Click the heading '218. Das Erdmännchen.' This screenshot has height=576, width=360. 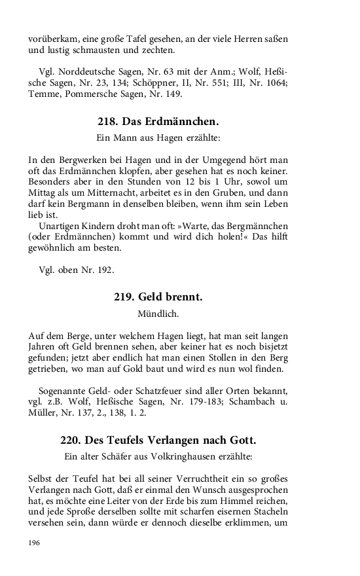click(x=158, y=122)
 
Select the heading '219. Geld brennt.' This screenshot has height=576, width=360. click(x=158, y=297)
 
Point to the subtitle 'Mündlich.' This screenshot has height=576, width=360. click(x=158, y=314)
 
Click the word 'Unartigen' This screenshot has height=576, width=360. click(x=57, y=225)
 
